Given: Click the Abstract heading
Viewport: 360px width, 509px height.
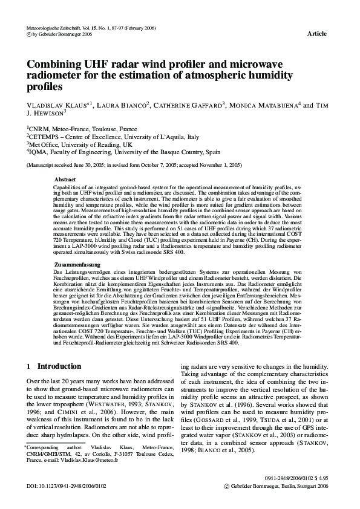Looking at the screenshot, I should [x=65, y=180].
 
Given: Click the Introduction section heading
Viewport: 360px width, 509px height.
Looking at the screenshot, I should [x=59, y=366].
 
